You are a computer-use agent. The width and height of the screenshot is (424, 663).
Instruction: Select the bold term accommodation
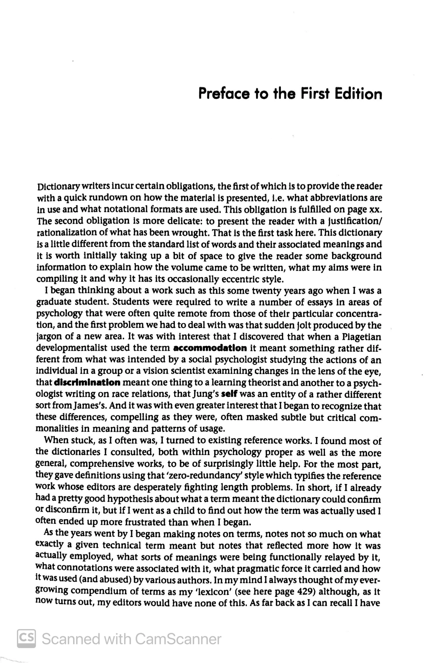(210, 348)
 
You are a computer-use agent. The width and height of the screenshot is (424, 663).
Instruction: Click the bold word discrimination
(87, 383)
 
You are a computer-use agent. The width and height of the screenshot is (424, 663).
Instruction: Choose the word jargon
(49, 336)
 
